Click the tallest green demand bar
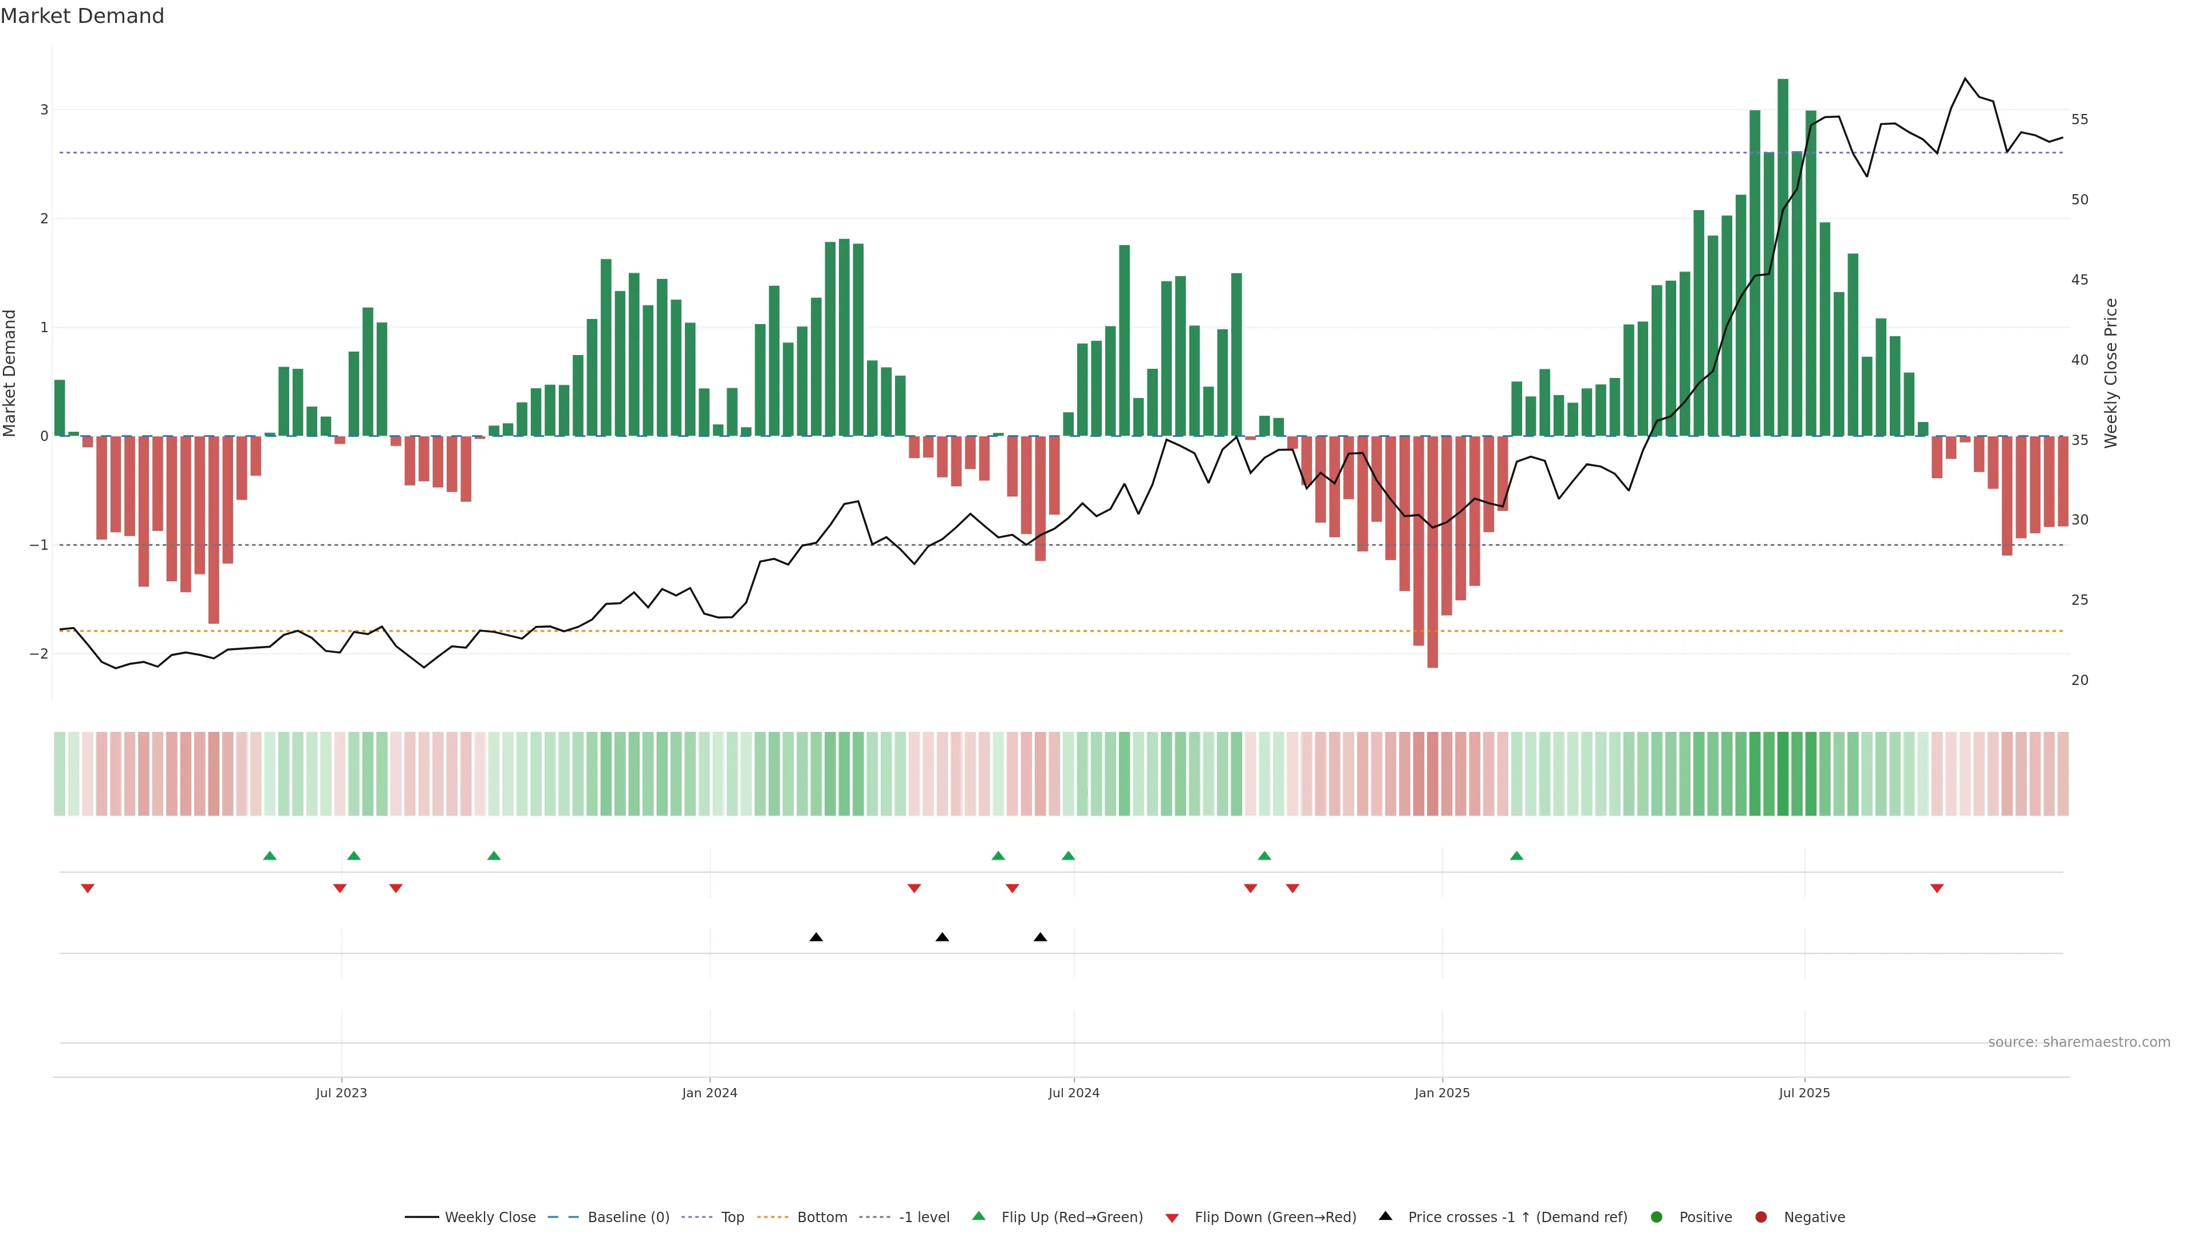tap(1783, 256)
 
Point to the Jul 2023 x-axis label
tap(341, 1093)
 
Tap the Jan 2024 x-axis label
tap(710, 1093)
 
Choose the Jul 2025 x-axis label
tap(1804, 1093)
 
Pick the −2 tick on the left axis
tap(40, 654)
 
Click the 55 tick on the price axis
tap(2079, 120)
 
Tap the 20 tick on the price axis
tap(2079, 680)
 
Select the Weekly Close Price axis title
tap(2111, 373)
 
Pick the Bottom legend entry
tap(821, 1218)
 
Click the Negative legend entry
tap(1814, 1218)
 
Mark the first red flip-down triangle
tap(87, 889)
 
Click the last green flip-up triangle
tap(1516, 856)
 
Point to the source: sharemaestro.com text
tap(2079, 1042)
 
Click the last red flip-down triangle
tap(1937, 889)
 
